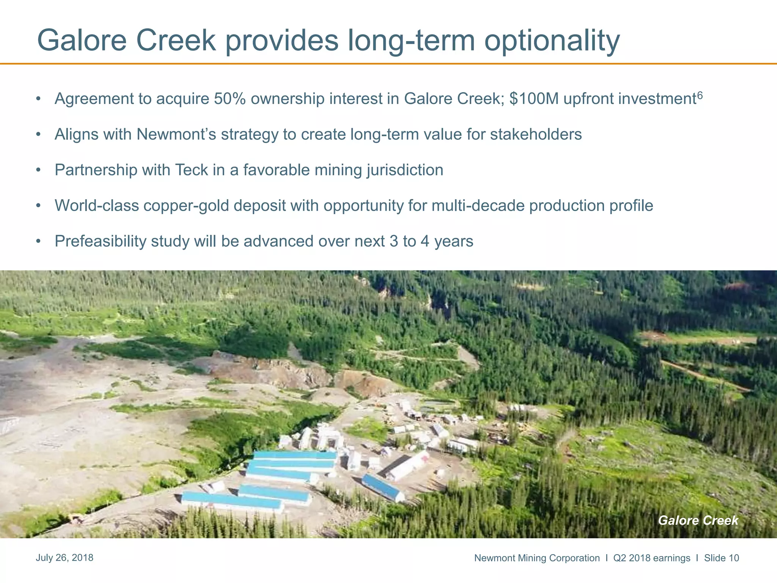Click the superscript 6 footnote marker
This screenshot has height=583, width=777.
click(700, 95)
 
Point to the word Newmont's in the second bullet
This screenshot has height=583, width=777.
click(176, 134)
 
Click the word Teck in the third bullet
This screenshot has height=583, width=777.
click(191, 170)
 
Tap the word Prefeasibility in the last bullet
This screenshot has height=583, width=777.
click(100, 241)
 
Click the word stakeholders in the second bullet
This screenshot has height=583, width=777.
click(536, 134)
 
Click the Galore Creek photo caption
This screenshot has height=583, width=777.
click(698, 520)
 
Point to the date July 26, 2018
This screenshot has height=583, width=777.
click(64, 558)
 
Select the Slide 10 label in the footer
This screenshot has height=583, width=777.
click(722, 558)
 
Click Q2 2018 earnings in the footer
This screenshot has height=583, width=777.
click(652, 558)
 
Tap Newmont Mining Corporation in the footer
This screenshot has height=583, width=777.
click(537, 558)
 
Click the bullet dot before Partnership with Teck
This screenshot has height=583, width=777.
click(38, 170)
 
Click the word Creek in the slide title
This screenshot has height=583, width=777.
click(176, 41)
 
